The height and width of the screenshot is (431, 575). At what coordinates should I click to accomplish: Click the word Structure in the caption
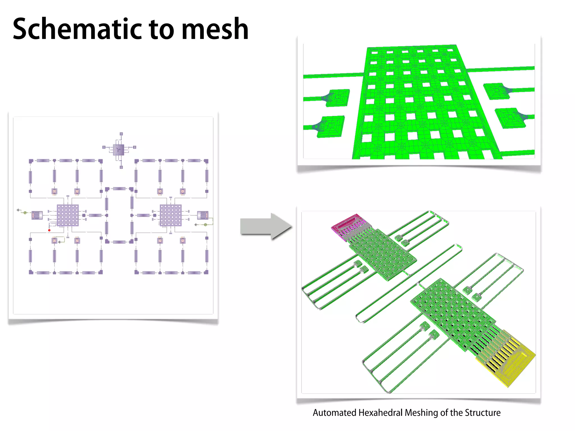point(482,413)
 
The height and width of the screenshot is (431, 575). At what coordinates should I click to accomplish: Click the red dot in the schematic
point(49,230)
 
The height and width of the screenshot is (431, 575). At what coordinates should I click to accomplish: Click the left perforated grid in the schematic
point(68,215)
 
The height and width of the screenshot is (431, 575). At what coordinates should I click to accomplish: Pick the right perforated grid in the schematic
point(171,215)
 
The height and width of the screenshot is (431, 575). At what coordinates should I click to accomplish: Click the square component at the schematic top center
point(118,150)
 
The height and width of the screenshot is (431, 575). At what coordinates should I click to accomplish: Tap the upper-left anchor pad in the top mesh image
point(338,98)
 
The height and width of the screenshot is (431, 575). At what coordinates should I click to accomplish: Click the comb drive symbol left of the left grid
point(37,215)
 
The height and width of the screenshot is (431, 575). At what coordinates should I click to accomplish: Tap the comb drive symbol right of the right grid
point(203,215)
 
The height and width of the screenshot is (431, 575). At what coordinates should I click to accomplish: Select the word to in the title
point(161,29)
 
